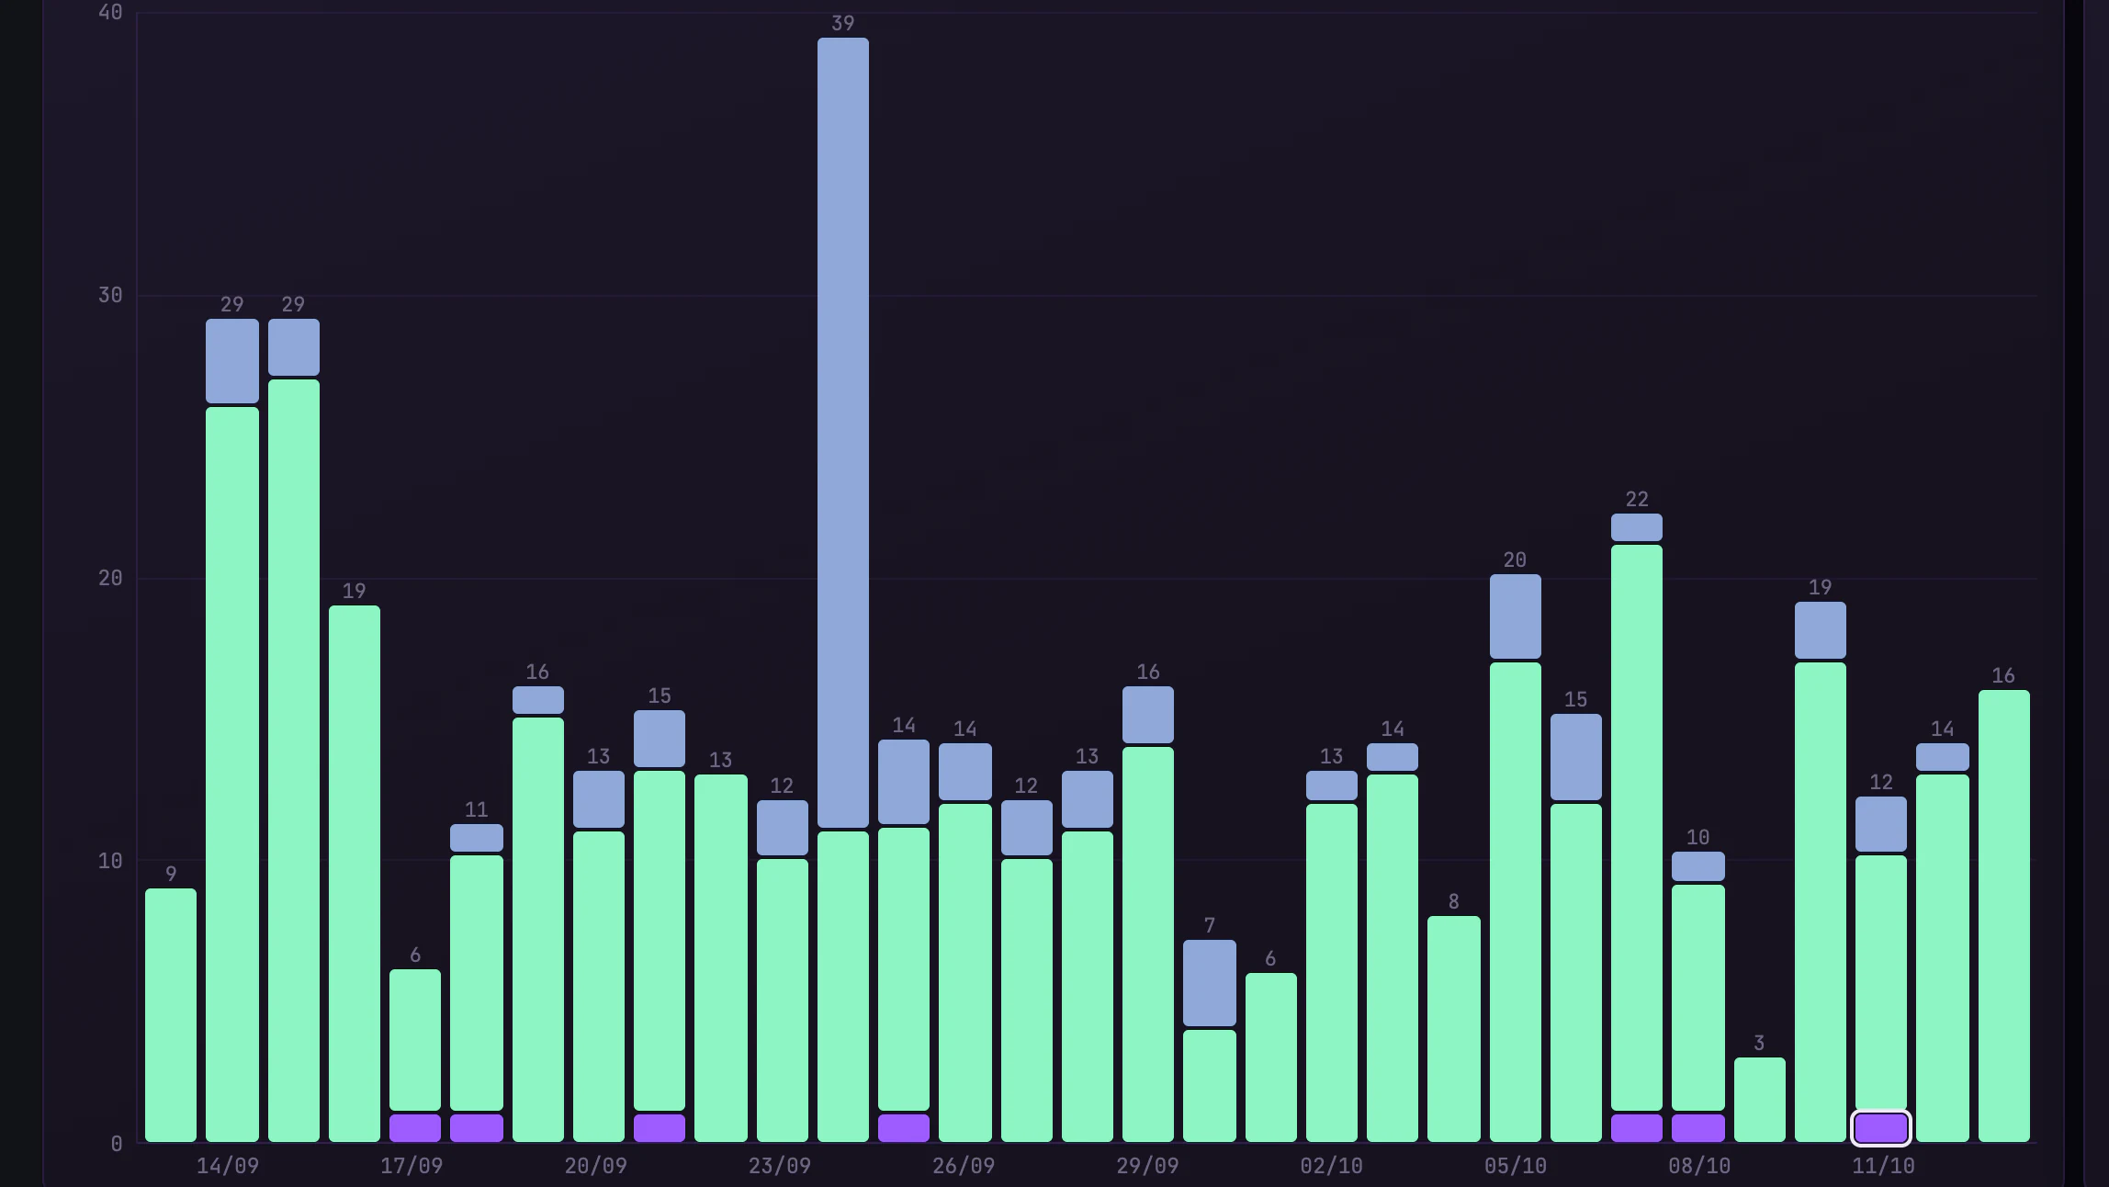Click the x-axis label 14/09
(228, 1166)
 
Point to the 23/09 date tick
(780, 1166)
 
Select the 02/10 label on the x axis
(1332, 1166)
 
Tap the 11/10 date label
(1884, 1166)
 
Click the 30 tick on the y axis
(110, 295)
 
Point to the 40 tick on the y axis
(110, 12)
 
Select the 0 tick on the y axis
(117, 1144)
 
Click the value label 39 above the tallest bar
(843, 24)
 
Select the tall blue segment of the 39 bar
(843, 433)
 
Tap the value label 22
(1637, 499)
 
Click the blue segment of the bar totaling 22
(1637, 527)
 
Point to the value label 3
(1759, 1043)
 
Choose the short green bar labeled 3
(1760, 1100)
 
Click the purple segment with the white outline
(1881, 1128)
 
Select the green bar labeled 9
(171, 1015)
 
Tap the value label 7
(1210, 925)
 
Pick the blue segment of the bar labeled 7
(1210, 983)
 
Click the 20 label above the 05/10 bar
(1516, 560)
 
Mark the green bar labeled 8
(1454, 1029)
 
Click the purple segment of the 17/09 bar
(415, 1128)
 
